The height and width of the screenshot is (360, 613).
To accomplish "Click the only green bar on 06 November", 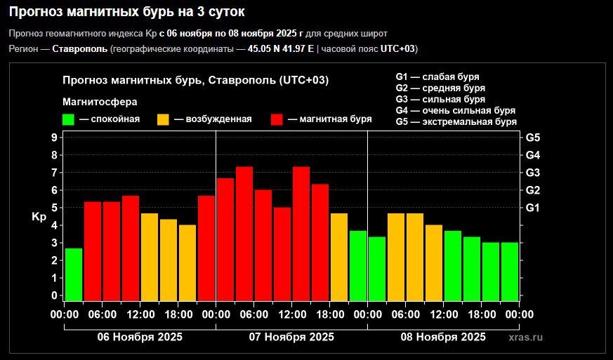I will (x=74, y=274).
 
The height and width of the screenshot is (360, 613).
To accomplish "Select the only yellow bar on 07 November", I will (x=339, y=257).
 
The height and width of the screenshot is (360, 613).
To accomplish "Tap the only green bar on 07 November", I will (x=358, y=266).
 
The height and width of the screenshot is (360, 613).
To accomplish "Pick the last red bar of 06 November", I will (x=206, y=248).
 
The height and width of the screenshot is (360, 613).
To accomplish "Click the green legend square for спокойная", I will (x=68, y=119).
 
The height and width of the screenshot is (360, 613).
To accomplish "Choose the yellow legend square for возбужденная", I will (x=163, y=119).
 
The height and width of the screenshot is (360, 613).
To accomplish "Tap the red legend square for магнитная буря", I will (x=277, y=119).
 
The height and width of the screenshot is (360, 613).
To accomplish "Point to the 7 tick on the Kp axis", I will (x=54, y=173).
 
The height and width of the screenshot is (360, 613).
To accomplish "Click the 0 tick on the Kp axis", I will (x=54, y=295).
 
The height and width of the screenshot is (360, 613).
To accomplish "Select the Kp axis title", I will (x=39, y=218).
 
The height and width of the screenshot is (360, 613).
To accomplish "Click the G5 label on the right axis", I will (x=533, y=138).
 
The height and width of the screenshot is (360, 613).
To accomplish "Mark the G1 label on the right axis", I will (x=533, y=208).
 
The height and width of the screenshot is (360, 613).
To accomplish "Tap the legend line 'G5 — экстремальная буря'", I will (x=456, y=121).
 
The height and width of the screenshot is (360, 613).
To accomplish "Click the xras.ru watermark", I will (x=525, y=338).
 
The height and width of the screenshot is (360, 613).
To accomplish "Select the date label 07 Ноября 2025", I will (x=291, y=337).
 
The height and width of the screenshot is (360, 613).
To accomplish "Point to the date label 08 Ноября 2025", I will (x=443, y=337).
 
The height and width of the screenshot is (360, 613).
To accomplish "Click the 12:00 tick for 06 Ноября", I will (x=140, y=314).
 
